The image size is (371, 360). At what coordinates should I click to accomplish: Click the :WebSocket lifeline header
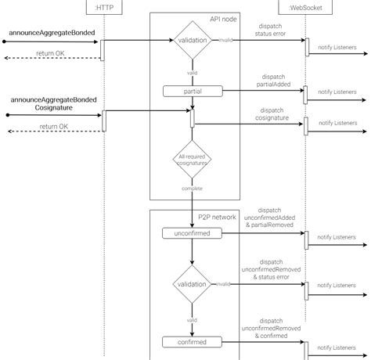(x=306, y=9)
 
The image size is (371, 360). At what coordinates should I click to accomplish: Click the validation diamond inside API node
(x=192, y=41)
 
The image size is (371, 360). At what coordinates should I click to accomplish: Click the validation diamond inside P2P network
(x=192, y=285)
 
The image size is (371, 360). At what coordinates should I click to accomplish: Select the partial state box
(x=192, y=91)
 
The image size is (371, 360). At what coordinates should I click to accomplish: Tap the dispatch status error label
(x=272, y=30)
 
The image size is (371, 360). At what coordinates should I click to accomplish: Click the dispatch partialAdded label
(x=272, y=80)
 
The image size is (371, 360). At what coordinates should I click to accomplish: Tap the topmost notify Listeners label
(x=337, y=48)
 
